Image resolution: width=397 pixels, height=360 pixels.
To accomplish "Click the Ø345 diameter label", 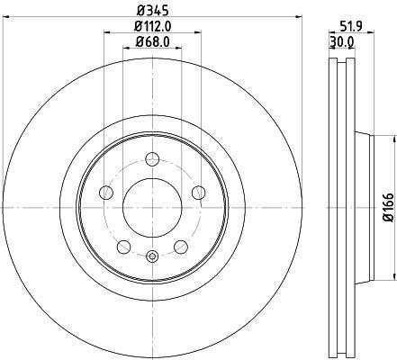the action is (x=153, y=11).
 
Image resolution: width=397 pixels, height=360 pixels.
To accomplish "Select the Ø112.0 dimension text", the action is (x=153, y=27).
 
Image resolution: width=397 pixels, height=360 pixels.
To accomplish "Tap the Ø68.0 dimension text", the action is (x=152, y=41).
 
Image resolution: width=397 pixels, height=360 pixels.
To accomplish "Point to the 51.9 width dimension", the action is (x=351, y=26).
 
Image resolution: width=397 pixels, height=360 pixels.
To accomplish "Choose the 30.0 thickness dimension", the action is (x=342, y=42).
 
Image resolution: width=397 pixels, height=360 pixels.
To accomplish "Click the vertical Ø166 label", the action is (x=388, y=207).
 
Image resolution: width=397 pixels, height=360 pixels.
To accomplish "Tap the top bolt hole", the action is (x=152, y=158).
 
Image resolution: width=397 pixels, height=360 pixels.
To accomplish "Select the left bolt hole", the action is (x=106, y=192).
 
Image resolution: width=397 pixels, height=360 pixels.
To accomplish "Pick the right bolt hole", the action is (x=199, y=192).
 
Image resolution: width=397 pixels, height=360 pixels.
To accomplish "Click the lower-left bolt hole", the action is (x=123, y=247).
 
